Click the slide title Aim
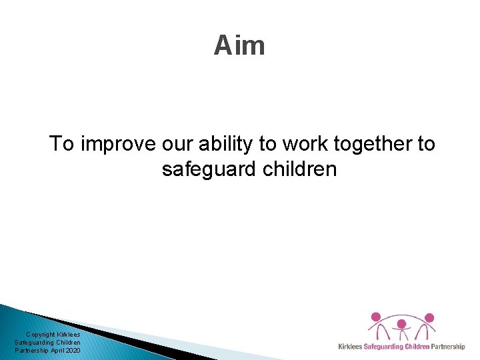pyautogui.click(x=239, y=46)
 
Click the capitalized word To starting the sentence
pyautogui.click(x=63, y=144)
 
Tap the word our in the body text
pyautogui.click(x=173, y=144)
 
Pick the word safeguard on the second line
pyautogui.click(x=207, y=170)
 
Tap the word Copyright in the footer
pyautogui.click(x=41, y=335)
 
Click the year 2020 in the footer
pyautogui.click(x=73, y=350)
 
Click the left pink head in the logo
pyautogui.click(x=375, y=317)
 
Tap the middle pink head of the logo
pyautogui.click(x=402, y=323)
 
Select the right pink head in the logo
pyautogui.click(x=429, y=317)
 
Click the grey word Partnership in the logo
pyautogui.click(x=448, y=347)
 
